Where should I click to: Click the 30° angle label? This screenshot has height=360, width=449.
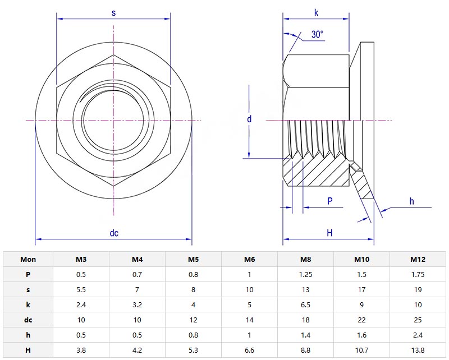tap(317, 35)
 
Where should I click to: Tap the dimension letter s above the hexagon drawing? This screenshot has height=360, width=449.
tap(113, 13)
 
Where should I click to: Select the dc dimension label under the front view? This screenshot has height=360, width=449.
tap(114, 233)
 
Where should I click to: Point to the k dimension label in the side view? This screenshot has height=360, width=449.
tap(317, 12)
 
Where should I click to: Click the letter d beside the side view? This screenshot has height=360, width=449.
tap(249, 119)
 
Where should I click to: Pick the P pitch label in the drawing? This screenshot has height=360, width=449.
tap(329, 201)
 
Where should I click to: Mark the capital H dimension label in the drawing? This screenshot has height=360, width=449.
tap(329, 233)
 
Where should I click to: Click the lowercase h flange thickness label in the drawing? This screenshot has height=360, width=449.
tap(411, 201)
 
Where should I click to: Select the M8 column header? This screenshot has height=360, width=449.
tap(305, 259)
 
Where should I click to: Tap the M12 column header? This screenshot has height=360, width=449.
tap(418, 259)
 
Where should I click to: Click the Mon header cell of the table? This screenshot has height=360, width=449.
tap(28, 259)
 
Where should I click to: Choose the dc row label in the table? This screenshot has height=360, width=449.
tap(28, 320)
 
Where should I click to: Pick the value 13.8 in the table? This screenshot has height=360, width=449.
tap(418, 350)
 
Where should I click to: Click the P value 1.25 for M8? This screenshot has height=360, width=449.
tap(305, 274)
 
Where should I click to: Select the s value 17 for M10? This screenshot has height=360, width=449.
tap(361, 290)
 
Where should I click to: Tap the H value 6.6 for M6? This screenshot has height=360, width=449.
tap(249, 350)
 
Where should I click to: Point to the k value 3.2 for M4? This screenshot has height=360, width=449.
tap(137, 305)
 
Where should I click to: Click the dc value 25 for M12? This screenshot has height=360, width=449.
tap(418, 320)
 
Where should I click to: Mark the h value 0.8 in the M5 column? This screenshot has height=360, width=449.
tap(193, 335)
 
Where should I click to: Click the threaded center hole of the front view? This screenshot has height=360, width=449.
tap(113, 120)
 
